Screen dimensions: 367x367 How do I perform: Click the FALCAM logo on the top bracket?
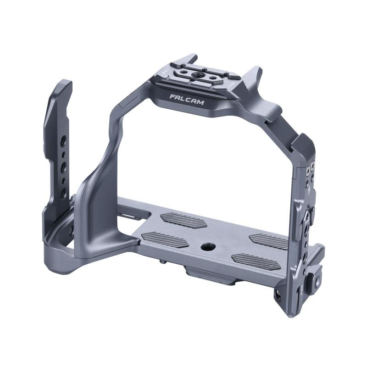click(x=186, y=99)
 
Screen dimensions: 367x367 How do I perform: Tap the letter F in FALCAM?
click(x=172, y=97)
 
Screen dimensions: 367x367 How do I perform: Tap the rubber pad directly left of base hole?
click(x=164, y=239)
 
